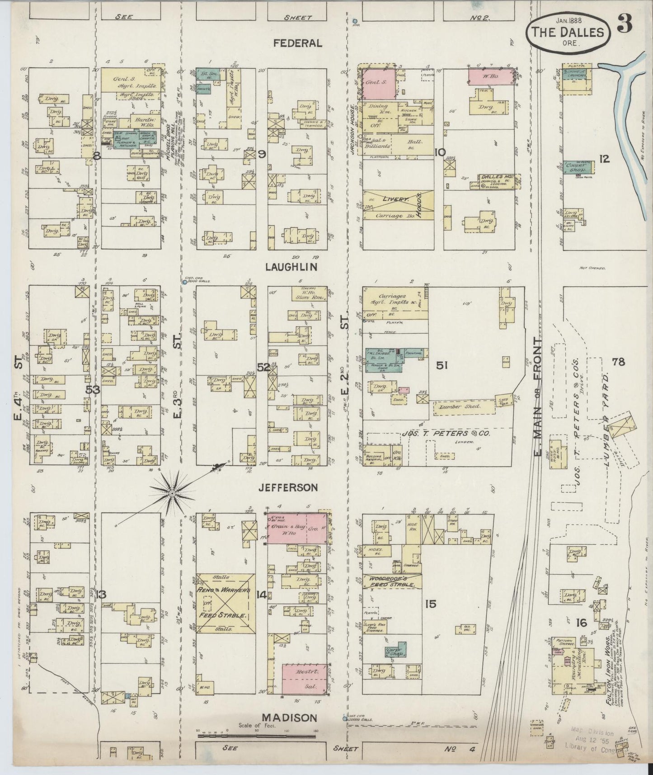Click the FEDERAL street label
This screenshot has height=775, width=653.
point(298,43)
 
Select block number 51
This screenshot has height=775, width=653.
point(441,365)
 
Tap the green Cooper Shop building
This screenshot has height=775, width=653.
point(577,167)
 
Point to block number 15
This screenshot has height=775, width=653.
point(430,604)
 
